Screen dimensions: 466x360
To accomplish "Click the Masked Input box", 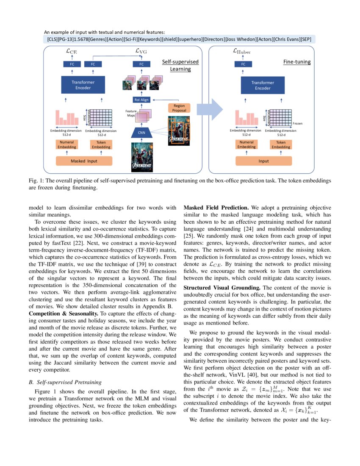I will [x=84, y=161].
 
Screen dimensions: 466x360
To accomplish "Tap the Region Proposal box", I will [x=179, y=108].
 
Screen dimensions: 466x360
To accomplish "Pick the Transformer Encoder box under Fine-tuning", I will [x=263, y=85].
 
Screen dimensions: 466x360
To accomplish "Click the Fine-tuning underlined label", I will [x=296, y=62].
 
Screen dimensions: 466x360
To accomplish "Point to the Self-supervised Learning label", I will [x=180, y=65].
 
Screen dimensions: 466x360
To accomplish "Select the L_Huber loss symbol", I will [x=242, y=51].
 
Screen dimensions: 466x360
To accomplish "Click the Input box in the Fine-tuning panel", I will [x=263, y=161].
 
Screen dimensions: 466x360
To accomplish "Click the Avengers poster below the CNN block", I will [x=141, y=156].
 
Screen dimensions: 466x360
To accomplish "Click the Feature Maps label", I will [x=130, y=113].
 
